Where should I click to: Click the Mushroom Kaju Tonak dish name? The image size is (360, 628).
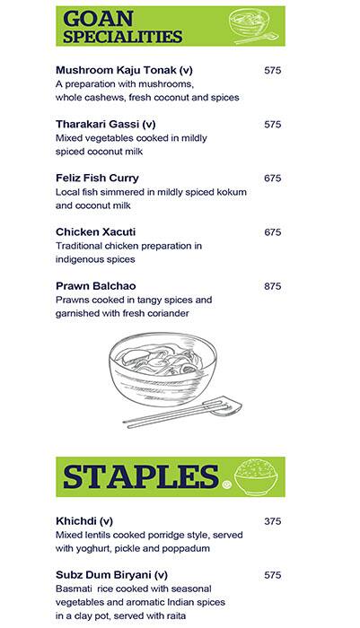coord(124,70)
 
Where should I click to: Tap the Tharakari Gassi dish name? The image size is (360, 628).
coord(106,124)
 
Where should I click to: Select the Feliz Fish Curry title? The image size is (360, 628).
coord(97,178)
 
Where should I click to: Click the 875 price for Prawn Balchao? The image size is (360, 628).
coord(273,286)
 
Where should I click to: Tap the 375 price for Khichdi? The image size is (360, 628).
coord(273,520)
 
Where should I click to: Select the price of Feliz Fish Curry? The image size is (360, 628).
coord(273,178)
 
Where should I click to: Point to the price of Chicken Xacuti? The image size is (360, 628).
coord(273,231)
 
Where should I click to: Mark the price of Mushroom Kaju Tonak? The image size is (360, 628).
coord(273,70)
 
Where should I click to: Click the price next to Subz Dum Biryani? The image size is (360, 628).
coord(273,574)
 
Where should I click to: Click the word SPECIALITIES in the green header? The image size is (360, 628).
coord(124,37)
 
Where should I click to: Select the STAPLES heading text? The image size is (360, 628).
coord(141,477)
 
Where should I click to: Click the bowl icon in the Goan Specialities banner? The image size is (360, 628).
coord(257,24)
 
